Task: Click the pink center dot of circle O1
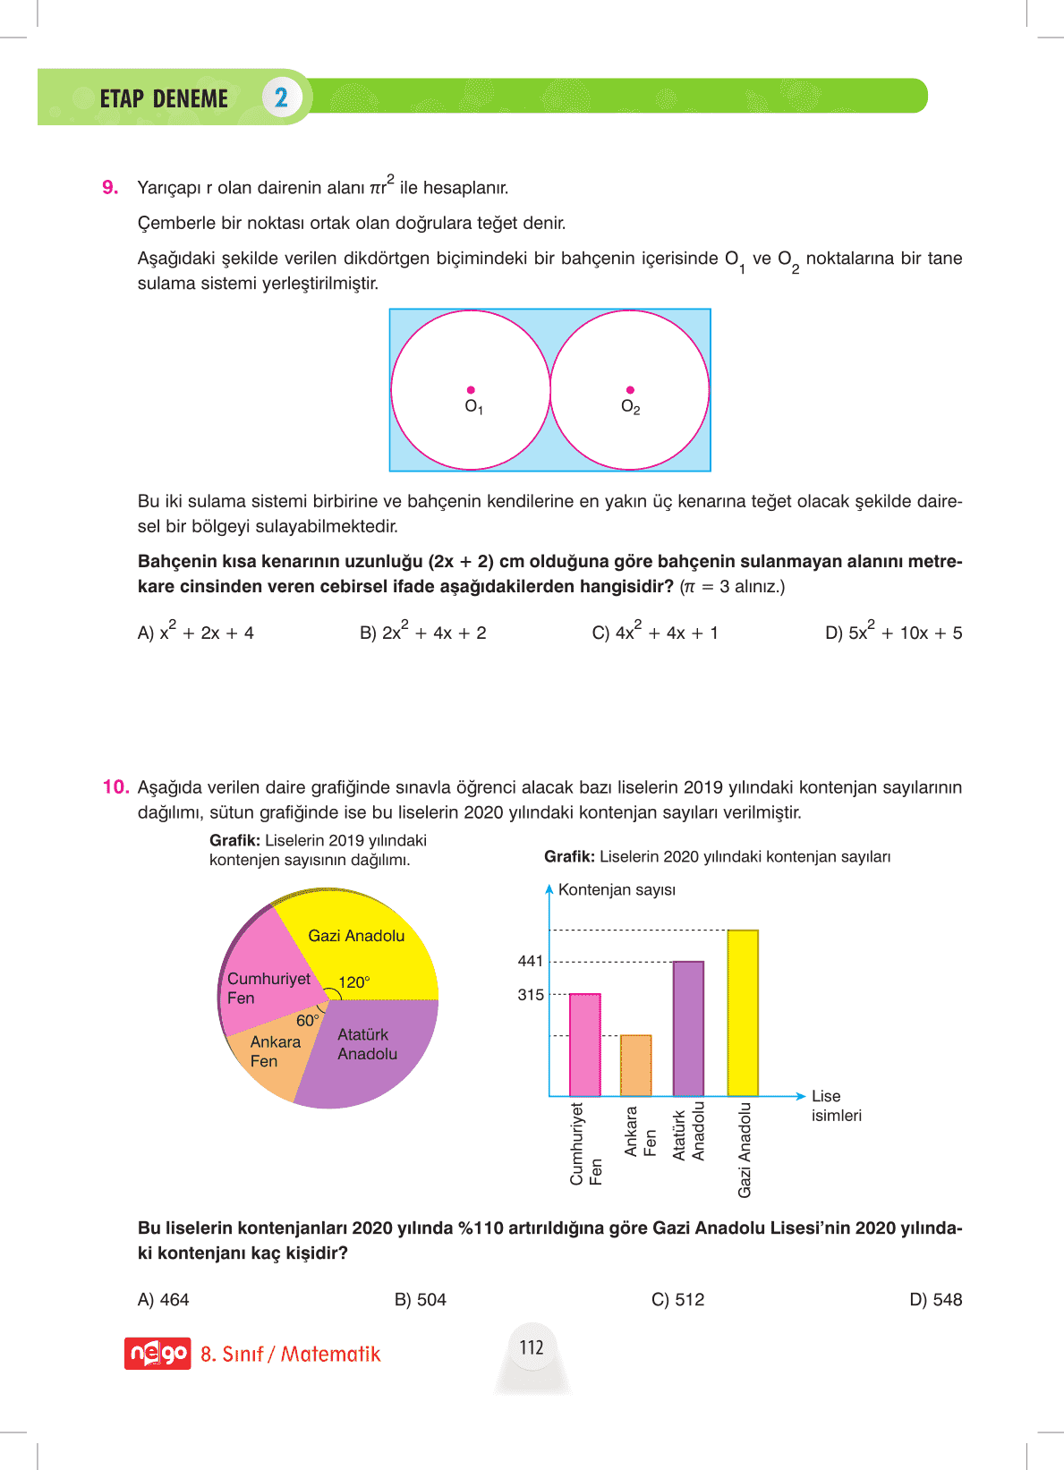(x=471, y=390)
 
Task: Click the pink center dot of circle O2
(x=630, y=390)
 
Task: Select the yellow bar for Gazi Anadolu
(x=743, y=1013)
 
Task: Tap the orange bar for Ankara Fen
(x=635, y=1065)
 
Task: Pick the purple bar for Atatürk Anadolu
(x=688, y=1029)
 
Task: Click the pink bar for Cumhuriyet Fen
(x=584, y=1044)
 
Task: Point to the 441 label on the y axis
(x=531, y=961)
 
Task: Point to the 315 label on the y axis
(x=531, y=995)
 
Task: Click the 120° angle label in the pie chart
(x=354, y=982)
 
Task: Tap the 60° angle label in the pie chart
(x=308, y=1021)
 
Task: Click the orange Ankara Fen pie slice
(x=268, y=1060)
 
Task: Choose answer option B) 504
(x=420, y=1299)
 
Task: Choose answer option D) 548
(x=935, y=1299)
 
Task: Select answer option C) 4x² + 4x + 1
(x=655, y=632)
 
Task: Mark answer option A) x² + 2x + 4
(x=195, y=632)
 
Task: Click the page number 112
(x=532, y=1347)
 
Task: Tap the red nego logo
(x=157, y=1354)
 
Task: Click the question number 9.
(x=110, y=187)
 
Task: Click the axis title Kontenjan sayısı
(x=617, y=889)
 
